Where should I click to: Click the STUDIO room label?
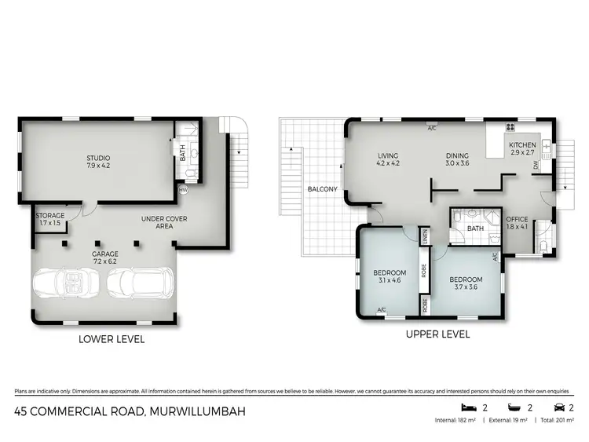[x=98, y=162]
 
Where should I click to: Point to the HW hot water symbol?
[x=183, y=189]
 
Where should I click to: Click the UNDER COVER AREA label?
[x=163, y=222]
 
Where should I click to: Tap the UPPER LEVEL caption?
[x=437, y=334]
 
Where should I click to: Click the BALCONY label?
[x=323, y=189]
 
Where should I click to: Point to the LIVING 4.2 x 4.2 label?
[x=389, y=159]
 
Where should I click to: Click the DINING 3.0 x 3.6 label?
[x=458, y=159]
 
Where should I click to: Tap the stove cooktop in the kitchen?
[x=510, y=126]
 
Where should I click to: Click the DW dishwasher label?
[x=536, y=166]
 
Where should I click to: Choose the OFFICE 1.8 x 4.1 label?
[x=517, y=223]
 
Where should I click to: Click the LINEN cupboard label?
[x=424, y=236]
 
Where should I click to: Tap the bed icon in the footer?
[x=470, y=407]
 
